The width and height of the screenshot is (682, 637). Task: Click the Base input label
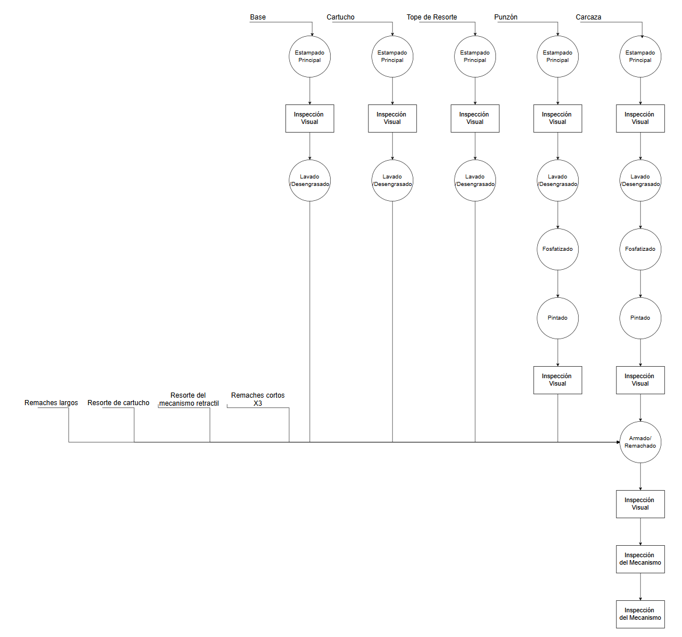(258, 17)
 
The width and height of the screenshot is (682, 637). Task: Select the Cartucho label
(340, 17)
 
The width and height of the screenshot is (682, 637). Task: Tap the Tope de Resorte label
(432, 17)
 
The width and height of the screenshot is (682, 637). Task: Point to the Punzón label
(506, 17)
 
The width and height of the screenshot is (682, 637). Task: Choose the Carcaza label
(588, 17)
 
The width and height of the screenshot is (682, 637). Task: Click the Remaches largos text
(51, 403)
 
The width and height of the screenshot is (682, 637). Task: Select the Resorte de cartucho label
(118, 403)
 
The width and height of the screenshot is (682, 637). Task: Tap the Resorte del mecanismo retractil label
(188, 399)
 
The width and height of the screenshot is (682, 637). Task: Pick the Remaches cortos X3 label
(258, 399)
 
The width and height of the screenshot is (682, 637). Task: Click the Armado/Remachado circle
(640, 442)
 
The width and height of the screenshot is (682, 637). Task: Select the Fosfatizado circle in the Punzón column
(557, 249)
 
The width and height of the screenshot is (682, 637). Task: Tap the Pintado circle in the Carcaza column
(640, 318)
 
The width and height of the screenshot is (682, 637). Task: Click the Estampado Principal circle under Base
(309, 56)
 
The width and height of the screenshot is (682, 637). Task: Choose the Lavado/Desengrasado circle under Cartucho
(392, 180)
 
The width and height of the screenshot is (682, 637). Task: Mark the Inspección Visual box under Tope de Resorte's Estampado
(475, 118)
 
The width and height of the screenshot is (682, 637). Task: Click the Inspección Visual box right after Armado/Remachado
(640, 504)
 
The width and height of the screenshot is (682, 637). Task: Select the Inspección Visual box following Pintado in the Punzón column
(557, 380)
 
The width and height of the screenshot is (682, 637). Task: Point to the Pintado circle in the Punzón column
(557, 318)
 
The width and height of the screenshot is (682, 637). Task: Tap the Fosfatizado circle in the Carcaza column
(640, 249)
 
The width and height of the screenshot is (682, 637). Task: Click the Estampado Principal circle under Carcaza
(640, 56)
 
